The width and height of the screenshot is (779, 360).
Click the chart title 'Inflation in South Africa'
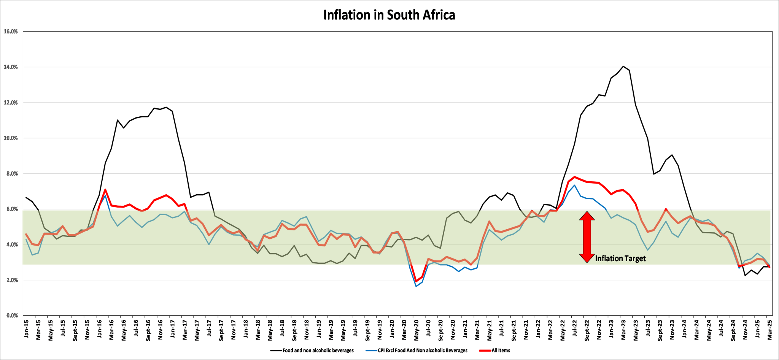(x=389, y=15)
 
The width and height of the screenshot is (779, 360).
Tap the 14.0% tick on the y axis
(x=11, y=67)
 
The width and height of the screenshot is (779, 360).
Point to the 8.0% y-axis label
(x=11, y=174)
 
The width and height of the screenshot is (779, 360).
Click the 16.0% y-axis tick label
(x=11, y=32)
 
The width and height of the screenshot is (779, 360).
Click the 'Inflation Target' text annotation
(x=620, y=259)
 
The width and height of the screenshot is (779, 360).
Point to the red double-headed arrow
(x=587, y=237)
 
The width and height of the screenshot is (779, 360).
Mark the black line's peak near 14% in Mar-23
(x=623, y=66)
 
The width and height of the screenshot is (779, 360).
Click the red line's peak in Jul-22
(x=574, y=177)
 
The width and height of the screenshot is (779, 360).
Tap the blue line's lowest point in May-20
(x=416, y=286)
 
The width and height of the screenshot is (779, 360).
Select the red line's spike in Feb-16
(x=105, y=189)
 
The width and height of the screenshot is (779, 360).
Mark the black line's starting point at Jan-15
(x=26, y=197)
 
